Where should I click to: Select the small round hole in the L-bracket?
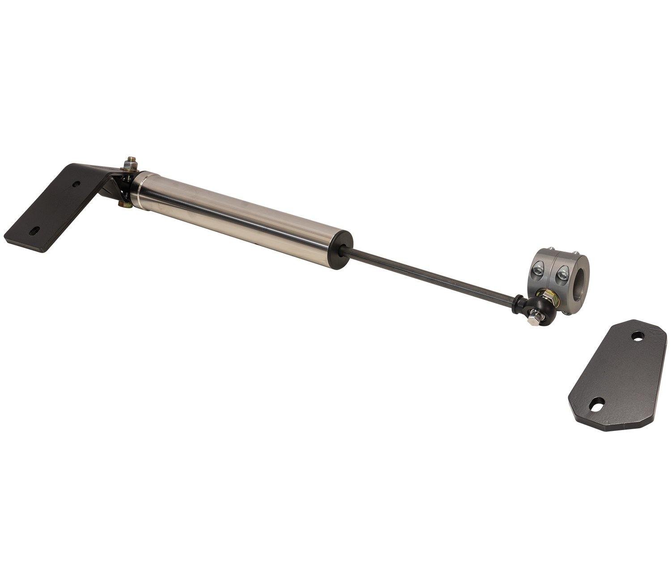(77, 184)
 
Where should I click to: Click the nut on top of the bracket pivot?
(131, 163)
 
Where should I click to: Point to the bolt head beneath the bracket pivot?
(122, 205)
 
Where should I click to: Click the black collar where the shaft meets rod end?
(519, 303)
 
